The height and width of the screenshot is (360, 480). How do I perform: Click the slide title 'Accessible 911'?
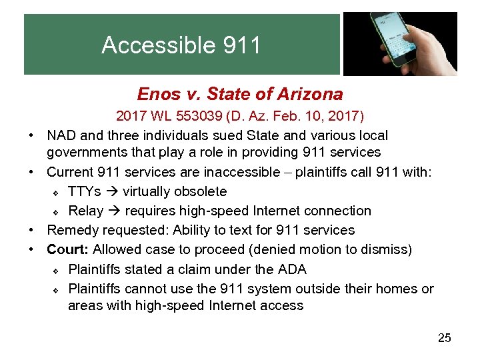(x=181, y=45)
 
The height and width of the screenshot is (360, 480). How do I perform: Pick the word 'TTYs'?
(x=85, y=192)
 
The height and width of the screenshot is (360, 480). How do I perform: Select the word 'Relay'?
(x=86, y=211)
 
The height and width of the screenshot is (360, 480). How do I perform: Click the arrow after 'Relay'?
(x=114, y=211)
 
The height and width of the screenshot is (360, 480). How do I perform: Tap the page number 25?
(x=444, y=338)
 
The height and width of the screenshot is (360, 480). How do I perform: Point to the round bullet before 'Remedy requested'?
(x=32, y=231)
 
